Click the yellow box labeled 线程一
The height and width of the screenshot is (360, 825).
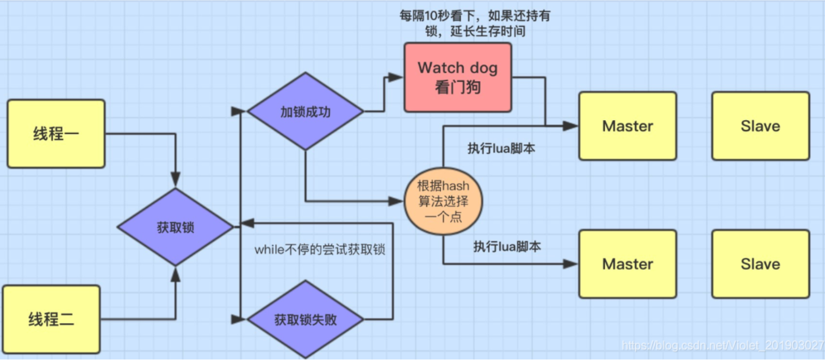click(56, 134)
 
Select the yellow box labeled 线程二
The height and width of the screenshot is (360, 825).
click(51, 319)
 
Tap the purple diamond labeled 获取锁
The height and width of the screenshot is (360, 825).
click(175, 227)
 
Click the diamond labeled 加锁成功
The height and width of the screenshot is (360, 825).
click(305, 111)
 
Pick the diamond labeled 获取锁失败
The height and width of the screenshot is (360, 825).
click(305, 319)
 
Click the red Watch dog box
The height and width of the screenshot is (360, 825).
click(458, 77)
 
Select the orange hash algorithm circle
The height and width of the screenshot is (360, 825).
click(443, 201)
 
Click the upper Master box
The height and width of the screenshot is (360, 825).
click(628, 126)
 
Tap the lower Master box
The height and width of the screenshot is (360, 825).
click(628, 264)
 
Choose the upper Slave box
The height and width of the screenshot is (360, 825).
click(760, 126)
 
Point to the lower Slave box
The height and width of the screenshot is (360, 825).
click(760, 264)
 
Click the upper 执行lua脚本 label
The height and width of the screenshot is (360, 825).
click(501, 148)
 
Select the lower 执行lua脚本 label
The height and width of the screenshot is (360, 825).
click(507, 246)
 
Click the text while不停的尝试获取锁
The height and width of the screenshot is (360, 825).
click(320, 250)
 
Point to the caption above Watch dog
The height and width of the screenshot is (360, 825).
click(475, 23)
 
